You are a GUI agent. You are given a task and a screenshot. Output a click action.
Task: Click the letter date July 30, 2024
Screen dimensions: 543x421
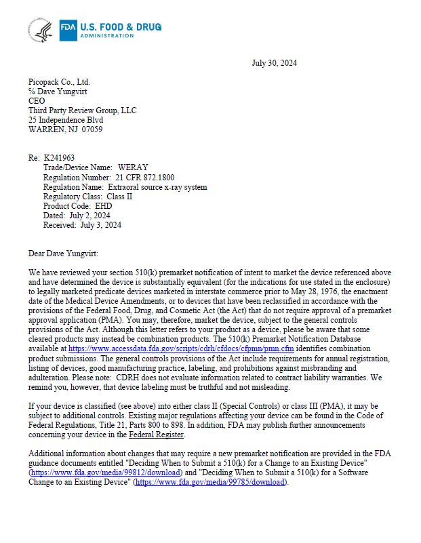[274, 63]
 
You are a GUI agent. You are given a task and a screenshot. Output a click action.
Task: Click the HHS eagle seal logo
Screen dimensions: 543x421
[39, 29]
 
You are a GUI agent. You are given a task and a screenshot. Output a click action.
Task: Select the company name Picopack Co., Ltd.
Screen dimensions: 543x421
[59, 81]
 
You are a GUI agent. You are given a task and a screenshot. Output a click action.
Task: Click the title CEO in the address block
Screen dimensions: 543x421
[37, 100]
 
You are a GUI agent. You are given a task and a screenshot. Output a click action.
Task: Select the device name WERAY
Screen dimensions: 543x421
[133, 167]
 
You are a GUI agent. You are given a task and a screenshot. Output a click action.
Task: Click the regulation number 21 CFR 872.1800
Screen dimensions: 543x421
[144, 177]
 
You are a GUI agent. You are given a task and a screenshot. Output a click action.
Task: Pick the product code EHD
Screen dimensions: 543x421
[104, 205]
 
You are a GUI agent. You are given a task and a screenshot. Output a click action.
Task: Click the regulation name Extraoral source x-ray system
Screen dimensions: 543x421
[157, 186]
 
